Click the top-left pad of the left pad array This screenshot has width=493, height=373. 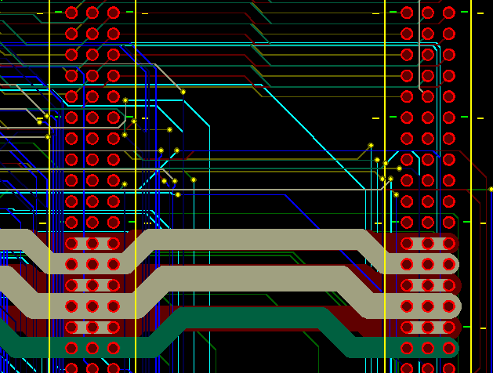tap(71, 13)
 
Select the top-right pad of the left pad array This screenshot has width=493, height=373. tap(114, 13)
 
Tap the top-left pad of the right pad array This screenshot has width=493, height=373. tap(407, 13)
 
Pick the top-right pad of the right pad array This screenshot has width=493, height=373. tap(449, 13)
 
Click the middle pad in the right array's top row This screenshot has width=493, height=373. tap(428, 13)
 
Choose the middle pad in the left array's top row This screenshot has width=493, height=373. tap(92, 13)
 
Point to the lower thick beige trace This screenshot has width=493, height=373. tap(251, 278)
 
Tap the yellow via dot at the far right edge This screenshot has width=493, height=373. tap(491, 189)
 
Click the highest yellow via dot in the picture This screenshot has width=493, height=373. tap(183, 92)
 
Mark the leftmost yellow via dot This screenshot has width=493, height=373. tap(39, 121)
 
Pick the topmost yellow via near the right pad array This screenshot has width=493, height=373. tap(371, 145)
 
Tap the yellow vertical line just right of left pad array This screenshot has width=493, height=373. tap(136, 47)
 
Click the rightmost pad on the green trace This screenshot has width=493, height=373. tap(449, 348)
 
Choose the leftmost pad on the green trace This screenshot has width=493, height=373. tap(71, 348)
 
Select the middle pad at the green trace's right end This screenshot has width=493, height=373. tap(428, 348)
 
